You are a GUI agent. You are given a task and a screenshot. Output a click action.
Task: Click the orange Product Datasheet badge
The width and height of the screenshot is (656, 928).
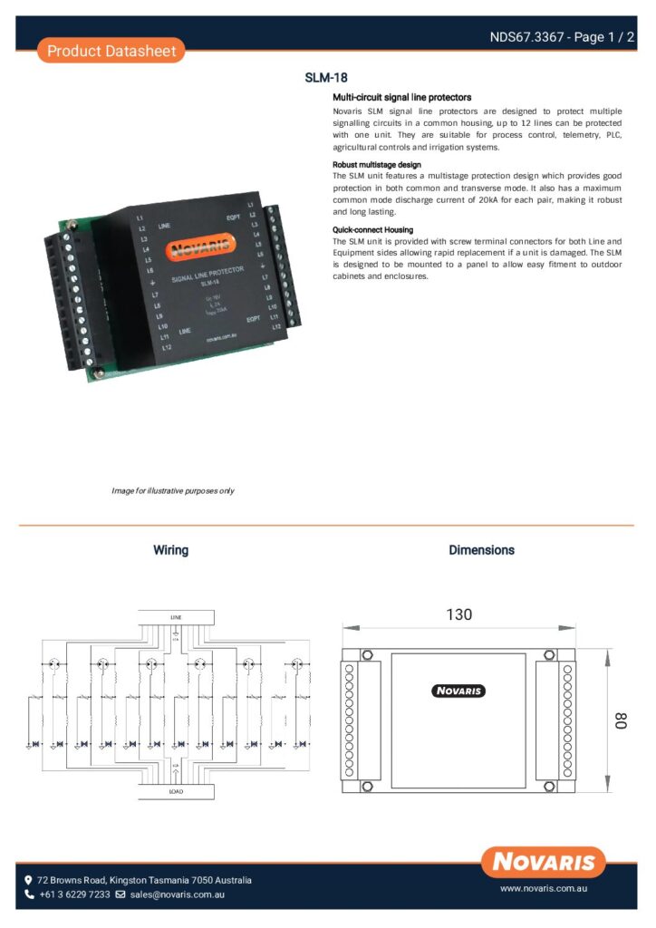pyautogui.click(x=111, y=51)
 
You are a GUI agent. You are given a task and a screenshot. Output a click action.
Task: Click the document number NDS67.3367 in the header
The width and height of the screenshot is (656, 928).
pyautogui.click(x=526, y=37)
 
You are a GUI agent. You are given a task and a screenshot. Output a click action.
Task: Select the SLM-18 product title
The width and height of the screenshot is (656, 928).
pyautogui.click(x=326, y=78)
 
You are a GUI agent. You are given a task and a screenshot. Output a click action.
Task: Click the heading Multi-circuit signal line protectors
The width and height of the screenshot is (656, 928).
pyautogui.click(x=401, y=97)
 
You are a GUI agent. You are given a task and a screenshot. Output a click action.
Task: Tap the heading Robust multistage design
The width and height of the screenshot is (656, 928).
pyautogui.click(x=376, y=165)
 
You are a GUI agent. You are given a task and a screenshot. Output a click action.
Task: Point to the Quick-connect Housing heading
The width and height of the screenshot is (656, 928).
pyautogui.click(x=373, y=230)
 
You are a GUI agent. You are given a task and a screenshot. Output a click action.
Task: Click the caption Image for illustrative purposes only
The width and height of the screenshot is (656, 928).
pyautogui.click(x=173, y=490)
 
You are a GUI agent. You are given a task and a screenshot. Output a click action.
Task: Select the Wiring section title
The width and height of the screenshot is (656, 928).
pyautogui.click(x=170, y=550)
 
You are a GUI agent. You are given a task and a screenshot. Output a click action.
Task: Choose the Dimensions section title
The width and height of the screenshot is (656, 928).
pyautogui.click(x=481, y=550)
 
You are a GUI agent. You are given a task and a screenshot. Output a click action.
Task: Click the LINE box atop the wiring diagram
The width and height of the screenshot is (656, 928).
pyautogui.click(x=176, y=617)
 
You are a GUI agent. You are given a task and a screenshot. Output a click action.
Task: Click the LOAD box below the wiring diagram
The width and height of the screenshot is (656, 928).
pyautogui.click(x=176, y=791)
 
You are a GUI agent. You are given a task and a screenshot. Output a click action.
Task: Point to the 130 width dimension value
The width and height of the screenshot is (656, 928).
pyautogui.click(x=458, y=614)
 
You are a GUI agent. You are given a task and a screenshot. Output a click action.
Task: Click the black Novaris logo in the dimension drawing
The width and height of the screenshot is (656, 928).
pyautogui.click(x=458, y=691)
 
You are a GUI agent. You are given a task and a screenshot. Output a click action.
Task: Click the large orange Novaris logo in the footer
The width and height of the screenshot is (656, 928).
pyautogui.click(x=544, y=862)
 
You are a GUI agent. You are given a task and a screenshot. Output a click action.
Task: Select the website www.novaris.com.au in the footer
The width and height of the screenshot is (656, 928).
pyautogui.click(x=545, y=890)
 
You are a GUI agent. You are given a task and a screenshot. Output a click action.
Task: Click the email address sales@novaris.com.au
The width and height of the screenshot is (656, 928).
pyautogui.click(x=177, y=894)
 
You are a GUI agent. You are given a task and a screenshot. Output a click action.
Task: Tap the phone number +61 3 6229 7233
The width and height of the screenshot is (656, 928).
pyautogui.click(x=73, y=894)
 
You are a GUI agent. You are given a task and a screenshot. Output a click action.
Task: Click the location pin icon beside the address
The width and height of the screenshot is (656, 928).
pyautogui.click(x=29, y=880)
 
